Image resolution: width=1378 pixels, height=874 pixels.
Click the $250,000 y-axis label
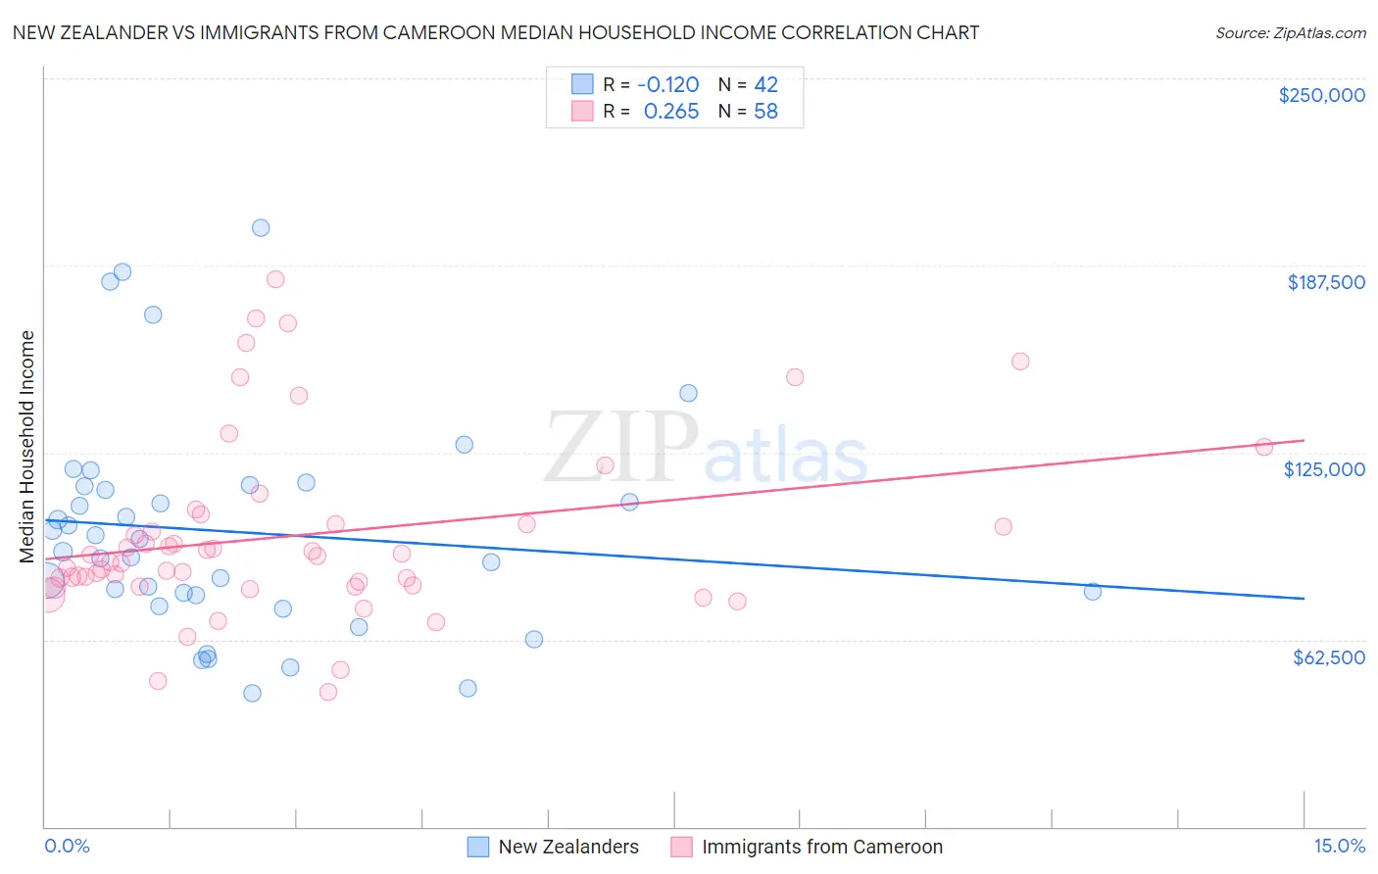pyautogui.click(x=1321, y=95)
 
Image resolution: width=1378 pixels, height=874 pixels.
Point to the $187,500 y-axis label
pyautogui.click(x=1325, y=282)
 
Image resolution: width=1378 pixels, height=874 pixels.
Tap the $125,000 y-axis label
pyautogui.click(x=1324, y=469)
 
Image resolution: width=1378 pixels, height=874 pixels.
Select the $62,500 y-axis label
pyautogui.click(x=1328, y=657)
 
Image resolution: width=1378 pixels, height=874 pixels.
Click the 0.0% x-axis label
pyautogui.click(x=67, y=846)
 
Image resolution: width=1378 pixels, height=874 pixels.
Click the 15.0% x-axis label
pyautogui.click(x=1339, y=846)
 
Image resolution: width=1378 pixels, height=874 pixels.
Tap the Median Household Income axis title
pyautogui.click(x=26, y=447)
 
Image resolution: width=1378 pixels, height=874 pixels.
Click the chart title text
pyautogui.click(x=496, y=32)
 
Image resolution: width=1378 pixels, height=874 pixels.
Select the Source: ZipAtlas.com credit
pyautogui.click(x=1290, y=33)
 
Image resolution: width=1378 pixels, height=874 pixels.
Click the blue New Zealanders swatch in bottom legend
pyautogui.click(x=478, y=847)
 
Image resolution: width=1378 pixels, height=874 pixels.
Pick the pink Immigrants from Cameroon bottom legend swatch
pyautogui.click(x=681, y=847)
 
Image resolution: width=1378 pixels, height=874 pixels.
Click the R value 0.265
pyautogui.click(x=671, y=112)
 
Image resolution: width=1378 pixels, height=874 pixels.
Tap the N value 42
pyautogui.click(x=765, y=85)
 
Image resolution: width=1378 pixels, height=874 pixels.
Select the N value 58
pyautogui.click(x=765, y=112)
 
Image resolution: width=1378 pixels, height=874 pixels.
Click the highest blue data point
pyautogui.click(x=261, y=227)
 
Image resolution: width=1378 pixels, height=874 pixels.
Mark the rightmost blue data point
pyautogui.click(x=1093, y=591)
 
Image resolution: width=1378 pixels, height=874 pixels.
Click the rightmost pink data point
pyautogui.click(x=1264, y=447)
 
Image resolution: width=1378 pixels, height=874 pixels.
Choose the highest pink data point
pyautogui.click(x=275, y=279)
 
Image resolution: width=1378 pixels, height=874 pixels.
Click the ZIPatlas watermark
pyautogui.click(x=706, y=449)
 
